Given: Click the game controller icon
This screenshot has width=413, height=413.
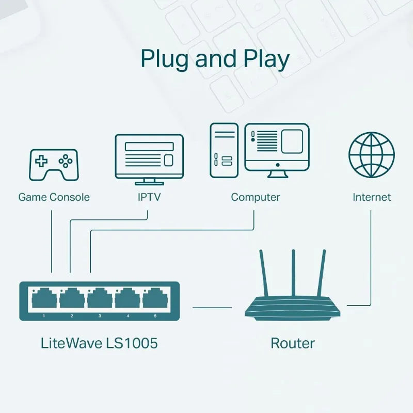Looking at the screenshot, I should pyautogui.click(x=53, y=165).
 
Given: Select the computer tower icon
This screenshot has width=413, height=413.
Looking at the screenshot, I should pyautogui.click(x=224, y=150).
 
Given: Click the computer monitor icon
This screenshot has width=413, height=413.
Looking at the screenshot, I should pyautogui.click(x=277, y=150).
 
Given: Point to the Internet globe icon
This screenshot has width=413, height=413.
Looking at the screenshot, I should pyautogui.click(x=372, y=155).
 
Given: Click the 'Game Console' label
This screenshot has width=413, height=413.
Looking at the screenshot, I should pyautogui.click(x=54, y=197).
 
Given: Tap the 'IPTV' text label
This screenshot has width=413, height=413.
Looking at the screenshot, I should pyautogui.click(x=149, y=197).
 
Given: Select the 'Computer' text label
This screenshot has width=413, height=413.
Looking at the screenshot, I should pyautogui.click(x=255, y=197).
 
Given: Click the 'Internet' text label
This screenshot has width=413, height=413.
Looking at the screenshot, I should pyautogui.click(x=372, y=197).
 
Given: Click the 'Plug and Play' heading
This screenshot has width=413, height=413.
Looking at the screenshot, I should pyautogui.click(x=215, y=59).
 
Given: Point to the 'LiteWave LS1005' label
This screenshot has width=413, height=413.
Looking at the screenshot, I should pyautogui.click(x=99, y=343).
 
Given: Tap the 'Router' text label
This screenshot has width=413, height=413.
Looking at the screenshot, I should pyautogui.click(x=293, y=343).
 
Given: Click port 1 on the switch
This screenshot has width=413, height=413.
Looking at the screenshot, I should pyautogui.click(x=44, y=298).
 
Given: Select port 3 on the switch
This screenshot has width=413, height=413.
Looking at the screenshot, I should pyautogui.click(x=100, y=298).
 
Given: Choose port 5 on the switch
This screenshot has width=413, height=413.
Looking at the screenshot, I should pyautogui.click(x=155, y=298).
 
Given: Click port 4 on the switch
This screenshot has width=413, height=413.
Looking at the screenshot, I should pyautogui.click(x=128, y=298).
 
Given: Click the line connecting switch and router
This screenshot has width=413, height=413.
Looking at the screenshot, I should pyautogui.click(x=212, y=308).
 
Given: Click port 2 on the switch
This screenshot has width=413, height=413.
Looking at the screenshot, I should pyautogui.click(x=72, y=298).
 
